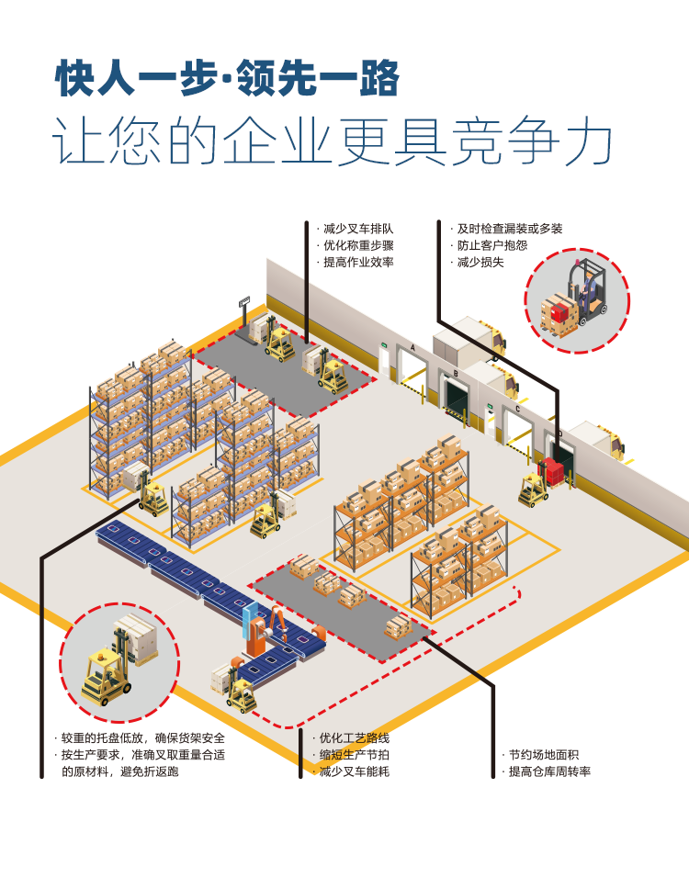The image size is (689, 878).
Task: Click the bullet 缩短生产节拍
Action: (x=354, y=755)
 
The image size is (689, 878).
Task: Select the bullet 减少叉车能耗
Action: (x=354, y=771)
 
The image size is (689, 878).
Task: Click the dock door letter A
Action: (x=413, y=348)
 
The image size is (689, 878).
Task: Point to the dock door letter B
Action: (x=456, y=374)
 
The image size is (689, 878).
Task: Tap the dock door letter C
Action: (x=517, y=410)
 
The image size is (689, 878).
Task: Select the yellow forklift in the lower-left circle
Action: (x=103, y=675)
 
